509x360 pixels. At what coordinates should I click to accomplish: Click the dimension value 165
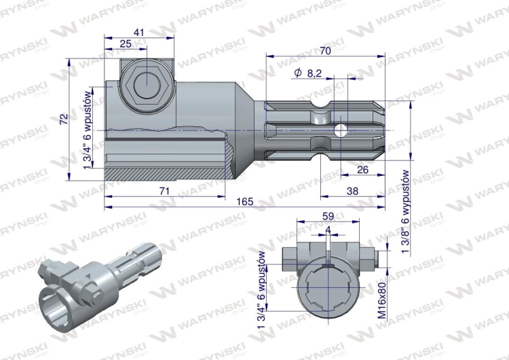pyautogui.click(x=245, y=202)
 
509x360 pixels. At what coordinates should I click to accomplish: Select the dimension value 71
pyautogui.click(x=165, y=191)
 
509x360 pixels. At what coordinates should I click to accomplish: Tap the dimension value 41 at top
pyautogui.click(x=138, y=33)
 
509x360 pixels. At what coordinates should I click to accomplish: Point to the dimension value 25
pyautogui.click(x=126, y=43)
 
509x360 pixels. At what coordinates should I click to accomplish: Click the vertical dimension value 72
pyautogui.click(x=64, y=119)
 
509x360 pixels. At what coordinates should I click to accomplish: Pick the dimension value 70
pyautogui.click(x=325, y=51)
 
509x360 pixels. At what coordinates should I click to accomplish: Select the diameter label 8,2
pyautogui.click(x=314, y=73)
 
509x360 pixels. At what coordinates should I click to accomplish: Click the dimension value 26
pyautogui.click(x=362, y=170)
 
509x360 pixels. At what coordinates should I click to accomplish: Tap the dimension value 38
pyautogui.click(x=352, y=191)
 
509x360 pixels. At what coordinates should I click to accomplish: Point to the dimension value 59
pyautogui.click(x=328, y=217)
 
